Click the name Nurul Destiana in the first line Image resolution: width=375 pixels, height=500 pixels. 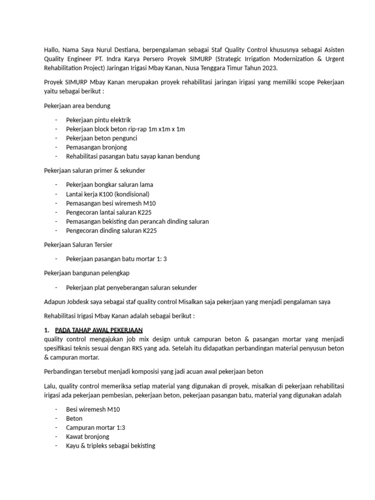[x=110, y=49]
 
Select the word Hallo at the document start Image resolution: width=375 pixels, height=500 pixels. [x=52, y=49]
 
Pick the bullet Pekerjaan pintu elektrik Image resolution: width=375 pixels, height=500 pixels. [x=99, y=120]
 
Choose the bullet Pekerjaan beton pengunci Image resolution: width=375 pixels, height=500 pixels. [x=102, y=138]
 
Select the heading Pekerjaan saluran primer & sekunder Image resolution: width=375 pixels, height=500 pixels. [x=94, y=170]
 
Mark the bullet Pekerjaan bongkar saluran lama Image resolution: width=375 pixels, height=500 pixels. [x=109, y=185]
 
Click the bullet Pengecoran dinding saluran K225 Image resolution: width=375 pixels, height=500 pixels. [x=112, y=230]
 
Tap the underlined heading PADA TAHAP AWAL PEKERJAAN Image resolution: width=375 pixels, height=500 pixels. [x=99, y=330]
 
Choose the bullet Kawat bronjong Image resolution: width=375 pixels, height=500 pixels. [x=87, y=437]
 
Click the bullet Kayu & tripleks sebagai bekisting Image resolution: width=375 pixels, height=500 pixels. [x=110, y=446]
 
